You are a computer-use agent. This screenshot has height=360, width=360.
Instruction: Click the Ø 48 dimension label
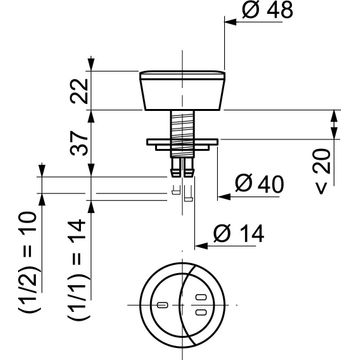click(x=268, y=10)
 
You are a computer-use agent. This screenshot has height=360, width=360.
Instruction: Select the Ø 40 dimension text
click(x=259, y=184)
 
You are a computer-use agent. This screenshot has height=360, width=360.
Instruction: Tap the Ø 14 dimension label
click(x=239, y=233)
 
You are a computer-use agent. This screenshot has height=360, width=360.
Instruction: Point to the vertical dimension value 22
click(x=80, y=91)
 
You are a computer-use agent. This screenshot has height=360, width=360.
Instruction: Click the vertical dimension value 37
click(x=80, y=143)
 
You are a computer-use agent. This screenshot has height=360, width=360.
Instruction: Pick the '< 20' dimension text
click(x=323, y=171)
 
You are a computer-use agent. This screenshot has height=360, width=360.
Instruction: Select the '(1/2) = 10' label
click(x=27, y=262)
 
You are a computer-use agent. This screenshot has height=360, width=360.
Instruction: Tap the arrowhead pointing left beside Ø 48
click(x=230, y=22)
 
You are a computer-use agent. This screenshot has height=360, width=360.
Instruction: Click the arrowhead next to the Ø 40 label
click(x=224, y=197)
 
